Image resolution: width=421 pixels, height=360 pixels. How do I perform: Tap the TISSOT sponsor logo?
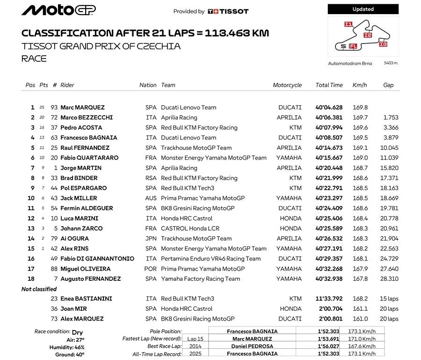pyautogui.click(x=228, y=11)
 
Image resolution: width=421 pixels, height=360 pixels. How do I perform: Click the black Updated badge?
pyautogui.click(x=363, y=9)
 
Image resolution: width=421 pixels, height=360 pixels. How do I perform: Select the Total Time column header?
pyautogui.click(x=329, y=85)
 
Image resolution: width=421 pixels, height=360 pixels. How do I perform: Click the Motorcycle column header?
pyautogui.click(x=287, y=85)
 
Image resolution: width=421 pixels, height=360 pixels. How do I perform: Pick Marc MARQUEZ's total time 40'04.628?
pyautogui.click(x=329, y=107)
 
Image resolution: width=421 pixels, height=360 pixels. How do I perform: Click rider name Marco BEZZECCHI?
pyautogui.click(x=87, y=118)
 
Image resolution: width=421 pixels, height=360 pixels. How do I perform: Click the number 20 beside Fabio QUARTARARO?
pyautogui.click(x=55, y=158)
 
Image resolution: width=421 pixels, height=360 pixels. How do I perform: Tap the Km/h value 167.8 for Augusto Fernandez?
pyautogui.click(x=360, y=279)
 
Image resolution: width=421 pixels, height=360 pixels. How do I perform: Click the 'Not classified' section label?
pyautogui.click(x=39, y=289)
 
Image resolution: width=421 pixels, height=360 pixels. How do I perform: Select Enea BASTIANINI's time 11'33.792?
pyautogui.click(x=329, y=299)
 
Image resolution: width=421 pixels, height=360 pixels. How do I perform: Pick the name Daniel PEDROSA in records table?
pyautogui.click(x=252, y=346)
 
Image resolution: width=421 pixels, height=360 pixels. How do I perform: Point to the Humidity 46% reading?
pyautogui.click(x=67, y=347)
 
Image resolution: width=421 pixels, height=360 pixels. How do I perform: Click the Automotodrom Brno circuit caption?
pyautogui.click(x=350, y=63)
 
